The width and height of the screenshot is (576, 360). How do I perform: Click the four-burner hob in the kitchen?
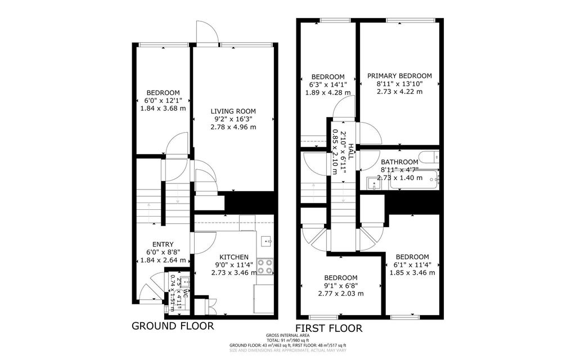coord(265,266)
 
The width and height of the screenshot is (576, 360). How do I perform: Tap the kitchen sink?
coord(267,241)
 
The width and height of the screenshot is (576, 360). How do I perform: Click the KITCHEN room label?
coord(230,257)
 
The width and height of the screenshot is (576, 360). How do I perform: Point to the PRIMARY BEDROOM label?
coord(399,76)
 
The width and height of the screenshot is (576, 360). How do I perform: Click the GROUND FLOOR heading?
coord(172,326)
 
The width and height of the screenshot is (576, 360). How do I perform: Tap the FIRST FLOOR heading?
coord(329,328)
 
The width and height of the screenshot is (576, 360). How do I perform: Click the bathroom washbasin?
coord(372,183)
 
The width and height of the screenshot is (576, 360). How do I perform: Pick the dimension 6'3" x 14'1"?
coord(328,85)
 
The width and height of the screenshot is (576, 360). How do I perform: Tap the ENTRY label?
coord(163,244)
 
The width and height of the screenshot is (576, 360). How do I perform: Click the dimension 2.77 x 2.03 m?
coord(341,294)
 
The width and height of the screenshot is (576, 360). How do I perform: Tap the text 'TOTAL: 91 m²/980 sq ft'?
coord(287,340)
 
